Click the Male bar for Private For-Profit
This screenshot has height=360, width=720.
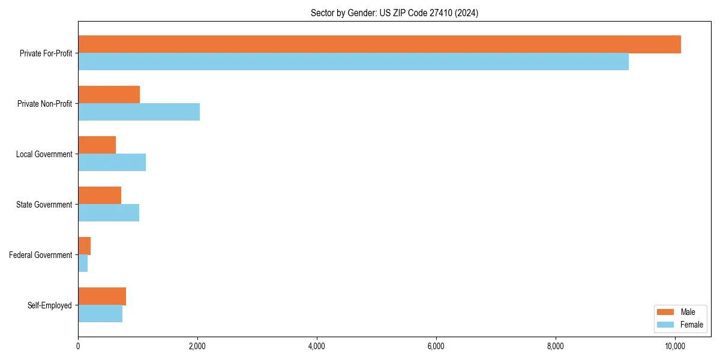click(379, 44)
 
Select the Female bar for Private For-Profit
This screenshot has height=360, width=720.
click(353, 62)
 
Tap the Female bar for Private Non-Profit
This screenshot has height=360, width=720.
click(139, 112)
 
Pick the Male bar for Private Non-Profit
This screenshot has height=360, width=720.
click(109, 95)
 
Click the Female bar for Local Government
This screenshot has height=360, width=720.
click(112, 163)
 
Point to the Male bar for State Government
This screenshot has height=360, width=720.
click(100, 196)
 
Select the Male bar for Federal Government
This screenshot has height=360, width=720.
click(84, 246)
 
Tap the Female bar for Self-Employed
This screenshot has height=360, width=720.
click(100, 314)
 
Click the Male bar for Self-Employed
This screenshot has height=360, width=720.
click(102, 296)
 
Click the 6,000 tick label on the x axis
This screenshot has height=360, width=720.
click(436, 346)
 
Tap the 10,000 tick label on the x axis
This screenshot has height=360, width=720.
click(675, 346)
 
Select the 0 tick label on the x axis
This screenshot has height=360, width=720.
click(78, 346)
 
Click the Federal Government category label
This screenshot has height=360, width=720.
click(40, 255)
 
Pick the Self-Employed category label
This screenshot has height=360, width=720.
click(49, 305)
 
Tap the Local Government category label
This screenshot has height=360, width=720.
click(44, 154)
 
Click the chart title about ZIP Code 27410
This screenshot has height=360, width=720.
click(394, 13)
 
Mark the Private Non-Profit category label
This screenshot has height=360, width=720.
click(44, 104)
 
